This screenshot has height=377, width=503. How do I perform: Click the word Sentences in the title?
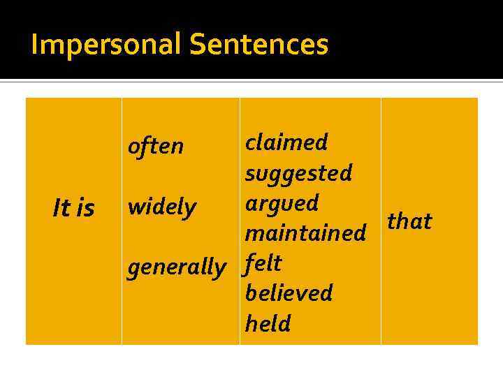pyautogui.click(x=258, y=45)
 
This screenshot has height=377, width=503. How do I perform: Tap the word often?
pyautogui.click(x=155, y=147)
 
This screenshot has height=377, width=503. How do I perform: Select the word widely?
pyautogui.click(x=161, y=207)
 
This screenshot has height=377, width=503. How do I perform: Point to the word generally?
pyautogui.click(x=176, y=267)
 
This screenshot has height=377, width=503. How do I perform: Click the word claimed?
pyautogui.click(x=286, y=142)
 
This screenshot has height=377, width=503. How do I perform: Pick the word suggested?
pyautogui.click(x=298, y=172)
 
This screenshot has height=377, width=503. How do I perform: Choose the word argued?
pyautogui.click(x=282, y=203)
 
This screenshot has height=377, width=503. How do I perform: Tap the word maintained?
pyautogui.click(x=305, y=232)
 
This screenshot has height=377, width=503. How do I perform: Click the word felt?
pyautogui.click(x=263, y=263)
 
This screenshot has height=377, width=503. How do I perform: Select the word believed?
pyautogui.click(x=289, y=293)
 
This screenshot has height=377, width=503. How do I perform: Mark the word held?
pyautogui.click(x=268, y=323)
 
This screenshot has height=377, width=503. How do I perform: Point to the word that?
pyautogui.click(x=409, y=221)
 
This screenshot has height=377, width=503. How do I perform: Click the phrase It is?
pyautogui.click(x=73, y=208)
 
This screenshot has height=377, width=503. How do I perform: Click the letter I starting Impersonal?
pyautogui.click(x=35, y=45)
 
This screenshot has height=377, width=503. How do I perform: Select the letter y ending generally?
pyautogui.click(x=221, y=269)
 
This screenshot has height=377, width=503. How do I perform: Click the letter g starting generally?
pyautogui.click(x=133, y=269)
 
